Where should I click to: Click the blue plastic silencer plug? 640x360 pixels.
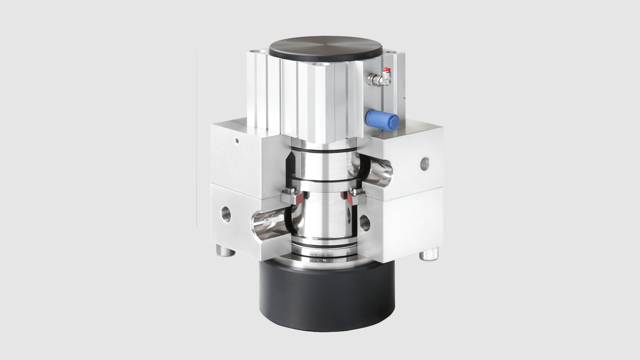click(383, 119)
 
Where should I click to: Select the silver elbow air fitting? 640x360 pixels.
click(375, 79)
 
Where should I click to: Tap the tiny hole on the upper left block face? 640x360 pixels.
click(236, 141)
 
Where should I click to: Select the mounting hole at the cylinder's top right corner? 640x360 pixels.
click(394, 54)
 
